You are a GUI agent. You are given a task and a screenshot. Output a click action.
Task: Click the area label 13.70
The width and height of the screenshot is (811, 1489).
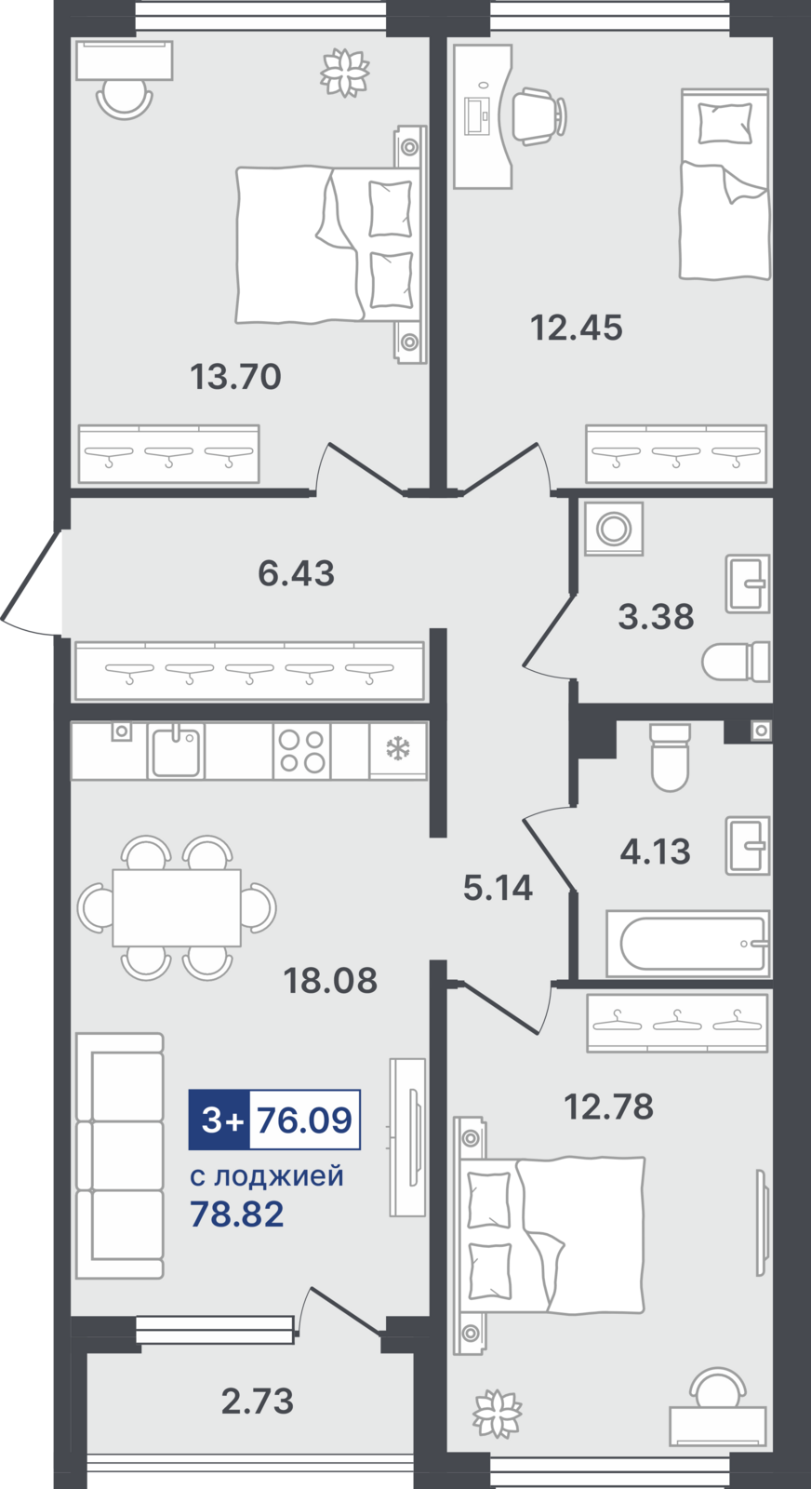coord(236,376)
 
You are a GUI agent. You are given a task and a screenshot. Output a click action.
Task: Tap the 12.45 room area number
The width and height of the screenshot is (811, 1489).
coord(577,328)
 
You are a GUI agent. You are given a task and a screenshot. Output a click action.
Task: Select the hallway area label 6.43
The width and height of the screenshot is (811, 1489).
coord(297,573)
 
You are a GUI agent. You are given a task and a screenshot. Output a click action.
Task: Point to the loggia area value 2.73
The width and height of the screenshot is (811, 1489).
coord(257,1402)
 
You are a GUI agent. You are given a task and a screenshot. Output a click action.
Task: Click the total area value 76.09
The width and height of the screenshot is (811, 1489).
coord(304,1120)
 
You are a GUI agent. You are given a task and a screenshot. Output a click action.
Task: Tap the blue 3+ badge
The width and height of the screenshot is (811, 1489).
coord(219,1120)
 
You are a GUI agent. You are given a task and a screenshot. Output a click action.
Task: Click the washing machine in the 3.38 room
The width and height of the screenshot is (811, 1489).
coord(614,530)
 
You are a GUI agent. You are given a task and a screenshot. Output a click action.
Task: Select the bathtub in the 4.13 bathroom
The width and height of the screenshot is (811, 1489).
coord(688,944)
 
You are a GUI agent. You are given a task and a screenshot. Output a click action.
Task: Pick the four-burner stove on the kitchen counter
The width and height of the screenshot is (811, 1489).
coord(301,751)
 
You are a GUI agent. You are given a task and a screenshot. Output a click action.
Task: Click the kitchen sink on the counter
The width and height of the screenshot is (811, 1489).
coord(176,751)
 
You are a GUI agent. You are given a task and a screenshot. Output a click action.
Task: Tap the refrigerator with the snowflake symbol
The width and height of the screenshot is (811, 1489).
coord(399,750)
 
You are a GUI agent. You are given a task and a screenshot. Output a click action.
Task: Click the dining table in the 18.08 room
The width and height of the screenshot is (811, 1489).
coord(177,907)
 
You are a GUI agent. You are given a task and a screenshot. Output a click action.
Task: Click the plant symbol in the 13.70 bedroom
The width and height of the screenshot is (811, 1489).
coord(345,72)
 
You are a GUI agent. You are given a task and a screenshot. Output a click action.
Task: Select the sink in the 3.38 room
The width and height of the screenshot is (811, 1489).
coord(748,584)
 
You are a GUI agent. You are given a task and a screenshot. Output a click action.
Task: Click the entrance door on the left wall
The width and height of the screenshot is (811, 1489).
coord(32,583)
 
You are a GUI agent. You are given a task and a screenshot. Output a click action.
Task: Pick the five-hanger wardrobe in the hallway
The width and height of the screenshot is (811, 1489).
coord(249,671)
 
